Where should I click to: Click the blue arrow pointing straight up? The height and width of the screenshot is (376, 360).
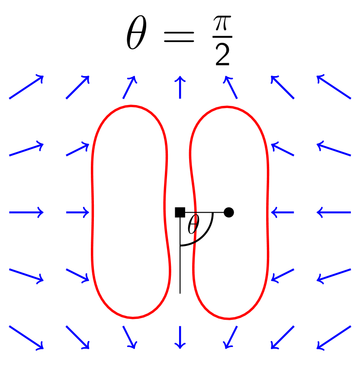click(x=180, y=87)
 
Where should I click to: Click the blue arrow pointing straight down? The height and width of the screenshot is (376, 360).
click(x=180, y=337)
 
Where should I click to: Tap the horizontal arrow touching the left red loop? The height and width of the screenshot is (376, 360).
click(x=78, y=212)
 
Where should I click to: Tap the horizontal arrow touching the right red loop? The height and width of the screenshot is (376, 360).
click(x=282, y=212)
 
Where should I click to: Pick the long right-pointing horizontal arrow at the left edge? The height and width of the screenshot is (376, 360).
click(x=26, y=212)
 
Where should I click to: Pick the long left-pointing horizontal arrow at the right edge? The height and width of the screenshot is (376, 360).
click(x=334, y=212)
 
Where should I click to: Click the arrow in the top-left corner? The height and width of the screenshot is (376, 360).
click(x=26, y=87)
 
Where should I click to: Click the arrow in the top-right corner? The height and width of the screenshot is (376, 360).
click(x=334, y=87)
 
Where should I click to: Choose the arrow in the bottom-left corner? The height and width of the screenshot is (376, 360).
click(x=26, y=337)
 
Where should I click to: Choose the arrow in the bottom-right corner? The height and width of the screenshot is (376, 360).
click(x=334, y=337)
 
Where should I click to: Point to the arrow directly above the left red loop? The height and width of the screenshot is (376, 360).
click(x=129, y=87)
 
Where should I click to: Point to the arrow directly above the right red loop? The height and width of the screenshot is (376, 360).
click(x=231, y=87)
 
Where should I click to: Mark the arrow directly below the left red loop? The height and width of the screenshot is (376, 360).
click(x=129, y=337)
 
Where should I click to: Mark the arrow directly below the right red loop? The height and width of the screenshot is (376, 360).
click(x=231, y=337)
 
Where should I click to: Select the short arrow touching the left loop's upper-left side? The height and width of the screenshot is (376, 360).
click(x=77, y=150)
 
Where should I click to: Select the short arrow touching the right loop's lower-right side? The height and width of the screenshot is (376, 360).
click(x=283, y=275)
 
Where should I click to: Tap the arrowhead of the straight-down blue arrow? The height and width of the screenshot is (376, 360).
click(x=180, y=346)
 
